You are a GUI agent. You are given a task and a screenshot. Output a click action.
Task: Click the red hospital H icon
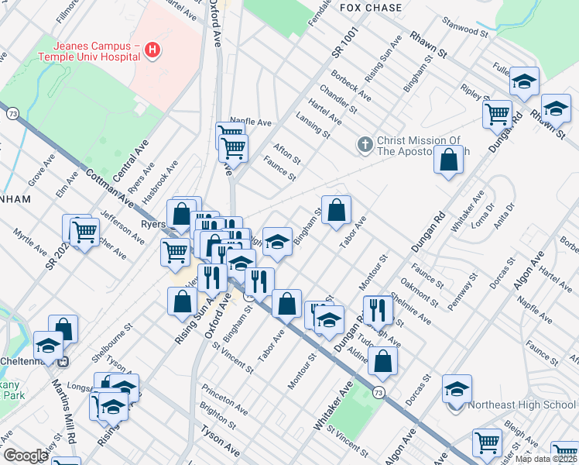(153, 51)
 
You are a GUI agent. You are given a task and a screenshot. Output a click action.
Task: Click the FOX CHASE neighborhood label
(371, 8)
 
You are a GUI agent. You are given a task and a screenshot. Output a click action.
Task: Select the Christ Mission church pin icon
(365, 144)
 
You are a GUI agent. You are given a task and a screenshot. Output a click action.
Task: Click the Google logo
(25, 456)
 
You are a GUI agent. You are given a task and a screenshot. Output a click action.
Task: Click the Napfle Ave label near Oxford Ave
(250, 122)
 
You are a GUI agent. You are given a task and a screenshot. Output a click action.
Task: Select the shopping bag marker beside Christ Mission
(449, 160)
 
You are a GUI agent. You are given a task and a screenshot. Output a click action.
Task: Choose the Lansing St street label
(313, 124)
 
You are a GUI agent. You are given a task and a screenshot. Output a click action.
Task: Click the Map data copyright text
(544, 459)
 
